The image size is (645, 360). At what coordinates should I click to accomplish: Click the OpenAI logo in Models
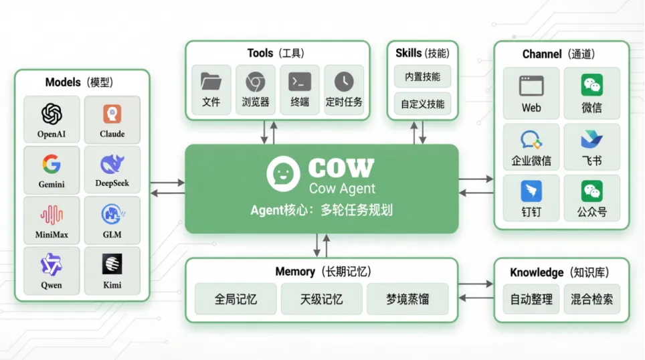click(52, 114)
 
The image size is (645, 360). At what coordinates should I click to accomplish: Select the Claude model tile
click(112, 120)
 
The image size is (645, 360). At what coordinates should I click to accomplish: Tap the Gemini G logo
click(52, 164)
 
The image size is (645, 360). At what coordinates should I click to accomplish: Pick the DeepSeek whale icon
click(112, 164)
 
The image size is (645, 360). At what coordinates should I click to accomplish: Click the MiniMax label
click(52, 235)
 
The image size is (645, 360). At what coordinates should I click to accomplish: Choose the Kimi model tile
click(112, 270)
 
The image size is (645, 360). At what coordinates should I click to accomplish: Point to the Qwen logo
click(52, 265)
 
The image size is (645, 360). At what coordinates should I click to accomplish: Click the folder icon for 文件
click(211, 82)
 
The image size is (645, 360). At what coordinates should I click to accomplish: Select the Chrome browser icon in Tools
click(255, 82)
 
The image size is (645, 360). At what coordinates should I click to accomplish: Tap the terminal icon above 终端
click(300, 82)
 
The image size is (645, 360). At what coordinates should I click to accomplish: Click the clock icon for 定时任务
click(344, 82)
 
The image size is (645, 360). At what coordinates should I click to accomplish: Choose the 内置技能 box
click(422, 77)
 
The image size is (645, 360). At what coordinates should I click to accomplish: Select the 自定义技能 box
click(422, 104)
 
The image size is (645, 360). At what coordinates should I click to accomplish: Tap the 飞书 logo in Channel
click(591, 140)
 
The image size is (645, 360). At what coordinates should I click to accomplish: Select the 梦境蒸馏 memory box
click(407, 299)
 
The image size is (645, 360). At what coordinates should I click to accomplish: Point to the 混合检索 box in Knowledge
click(591, 299)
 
